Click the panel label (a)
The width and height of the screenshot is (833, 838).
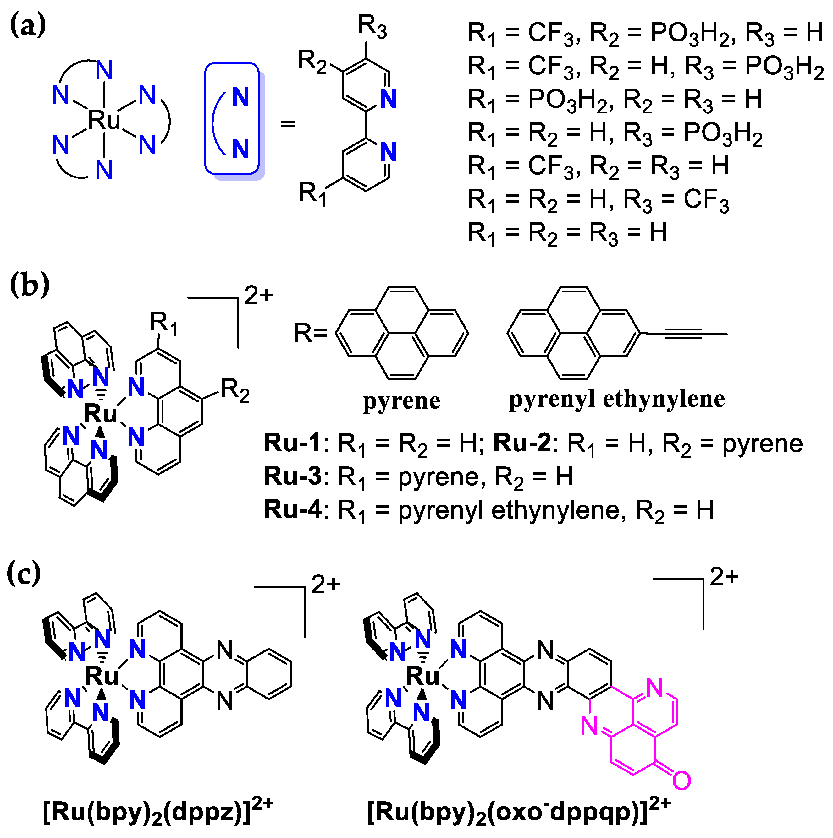pyautogui.click(x=28, y=25)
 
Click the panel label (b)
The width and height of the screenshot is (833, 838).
pyautogui.click(x=30, y=285)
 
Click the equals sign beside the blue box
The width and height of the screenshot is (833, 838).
pyautogui.click(x=287, y=124)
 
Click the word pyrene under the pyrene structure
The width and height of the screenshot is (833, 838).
pyautogui.click(x=401, y=400)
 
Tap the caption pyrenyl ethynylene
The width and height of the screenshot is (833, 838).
pyautogui.click(x=617, y=399)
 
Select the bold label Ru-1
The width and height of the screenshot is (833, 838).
pyautogui.click(x=292, y=443)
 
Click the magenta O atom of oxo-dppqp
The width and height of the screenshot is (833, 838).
pyautogui.click(x=681, y=780)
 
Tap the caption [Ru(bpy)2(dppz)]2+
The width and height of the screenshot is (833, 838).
pyautogui.click(x=158, y=813)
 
